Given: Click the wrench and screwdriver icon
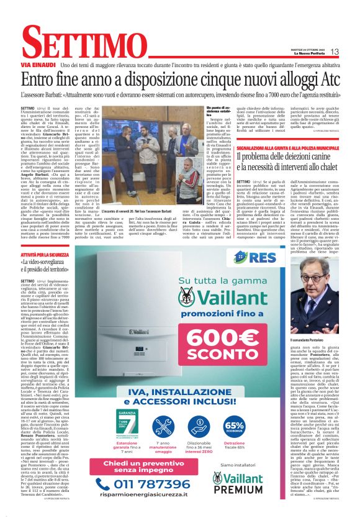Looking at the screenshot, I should (164, 426).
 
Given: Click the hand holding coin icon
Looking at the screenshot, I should (200, 426).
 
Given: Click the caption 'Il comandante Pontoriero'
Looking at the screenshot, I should (308, 340).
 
